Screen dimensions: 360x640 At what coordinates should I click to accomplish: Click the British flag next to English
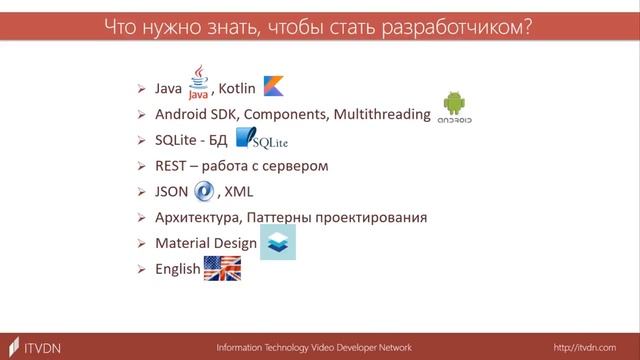[221, 268]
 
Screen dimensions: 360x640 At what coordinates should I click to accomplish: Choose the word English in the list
[177, 269]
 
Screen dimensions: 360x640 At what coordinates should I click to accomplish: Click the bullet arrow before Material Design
[141, 243]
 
